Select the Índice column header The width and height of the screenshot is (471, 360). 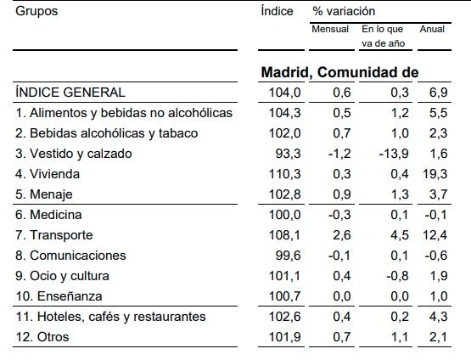tap(277, 12)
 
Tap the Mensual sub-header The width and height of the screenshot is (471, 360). tap(329, 29)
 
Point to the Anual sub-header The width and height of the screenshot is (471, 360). tap(432, 29)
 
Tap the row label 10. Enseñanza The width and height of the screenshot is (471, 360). tap(57, 296)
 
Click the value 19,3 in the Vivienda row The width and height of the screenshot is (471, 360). tap(435, 174)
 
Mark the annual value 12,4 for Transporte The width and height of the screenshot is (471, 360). tap(435, 235)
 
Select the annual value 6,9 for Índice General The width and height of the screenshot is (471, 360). tap(439, 93)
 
